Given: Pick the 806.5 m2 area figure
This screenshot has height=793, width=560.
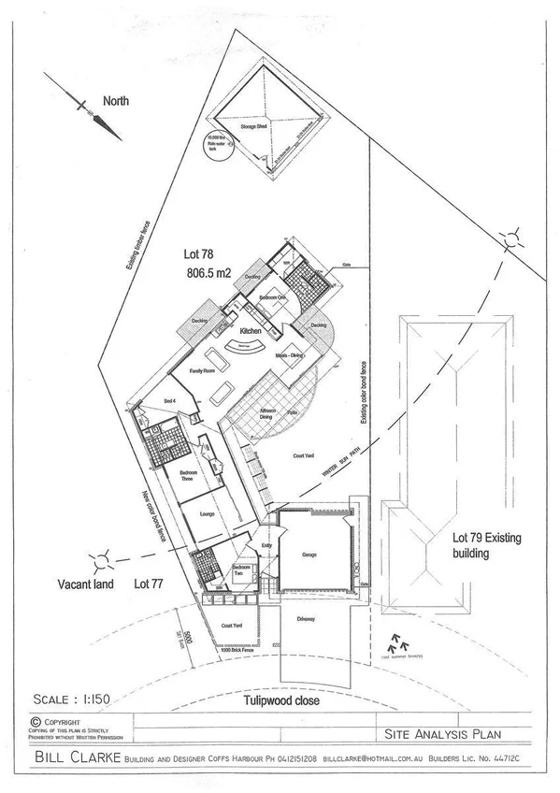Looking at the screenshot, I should point(208,274).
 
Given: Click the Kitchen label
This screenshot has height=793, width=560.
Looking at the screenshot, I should point(249,332).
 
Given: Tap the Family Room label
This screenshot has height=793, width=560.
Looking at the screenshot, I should point(203,371).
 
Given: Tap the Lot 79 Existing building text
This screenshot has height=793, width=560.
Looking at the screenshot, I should point(485,545).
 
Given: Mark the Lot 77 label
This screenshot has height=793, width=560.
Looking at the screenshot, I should point(151,584).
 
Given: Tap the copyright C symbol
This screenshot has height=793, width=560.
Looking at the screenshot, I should point(35,722).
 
